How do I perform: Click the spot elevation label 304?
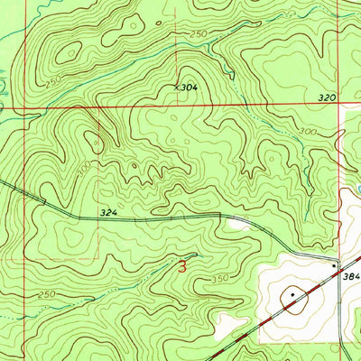point(189,88)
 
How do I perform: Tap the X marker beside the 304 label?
point(177,88)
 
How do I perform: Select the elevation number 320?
point(327,96)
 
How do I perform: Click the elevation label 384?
point(351,279)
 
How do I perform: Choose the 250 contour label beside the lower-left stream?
point(49,294)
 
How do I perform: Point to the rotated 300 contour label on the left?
point(84,168)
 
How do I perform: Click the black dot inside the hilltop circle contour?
point(292,294)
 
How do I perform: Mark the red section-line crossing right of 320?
point(344,106)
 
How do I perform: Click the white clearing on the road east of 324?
point(240,222)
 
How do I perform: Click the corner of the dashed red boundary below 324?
point(98,254)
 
